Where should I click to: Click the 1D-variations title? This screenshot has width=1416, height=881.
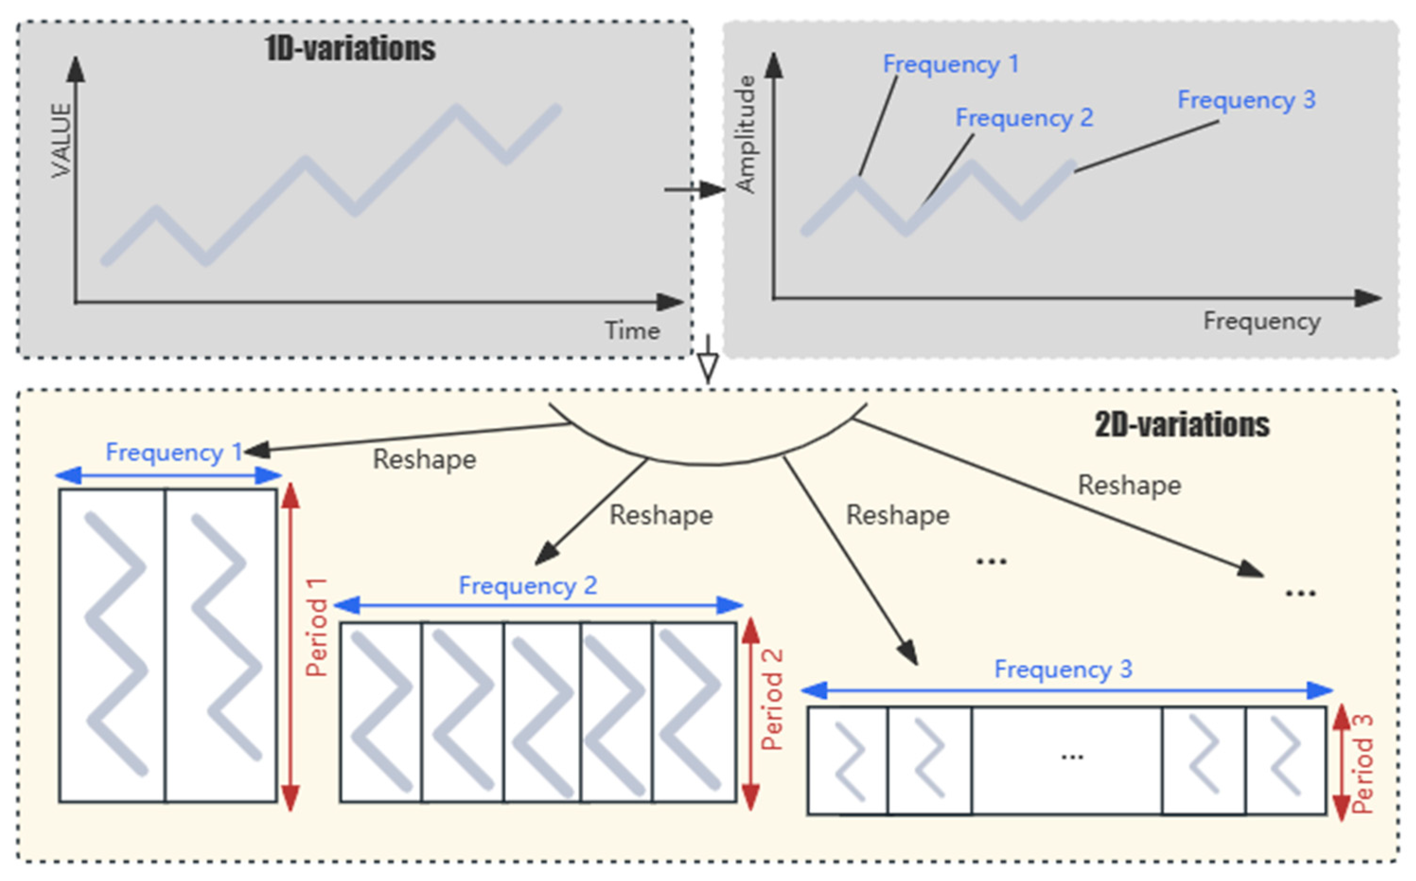[350, 48]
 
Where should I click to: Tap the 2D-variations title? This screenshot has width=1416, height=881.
[1182, 425]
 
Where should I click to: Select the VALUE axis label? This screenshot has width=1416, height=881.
[61, 141]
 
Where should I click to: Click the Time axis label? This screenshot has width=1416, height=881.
[632, 331]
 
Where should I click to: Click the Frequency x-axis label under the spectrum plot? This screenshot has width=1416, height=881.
[1262, 321]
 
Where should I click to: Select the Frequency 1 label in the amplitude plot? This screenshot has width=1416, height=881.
[950, 64]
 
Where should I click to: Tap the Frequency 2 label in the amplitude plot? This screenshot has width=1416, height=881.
[1024, 118]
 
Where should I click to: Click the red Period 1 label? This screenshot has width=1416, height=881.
[317, 627]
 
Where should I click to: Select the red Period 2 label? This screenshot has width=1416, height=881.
[772, 699]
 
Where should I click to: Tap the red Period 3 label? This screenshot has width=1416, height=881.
[1363, 763]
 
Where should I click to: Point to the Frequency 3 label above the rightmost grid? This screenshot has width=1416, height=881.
[1063, 669]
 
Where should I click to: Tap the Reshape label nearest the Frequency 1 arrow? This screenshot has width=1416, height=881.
[425, 459]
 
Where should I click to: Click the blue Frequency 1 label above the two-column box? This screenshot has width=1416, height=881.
[174, 452]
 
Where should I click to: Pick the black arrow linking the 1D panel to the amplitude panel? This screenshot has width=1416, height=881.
[695, 189]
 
